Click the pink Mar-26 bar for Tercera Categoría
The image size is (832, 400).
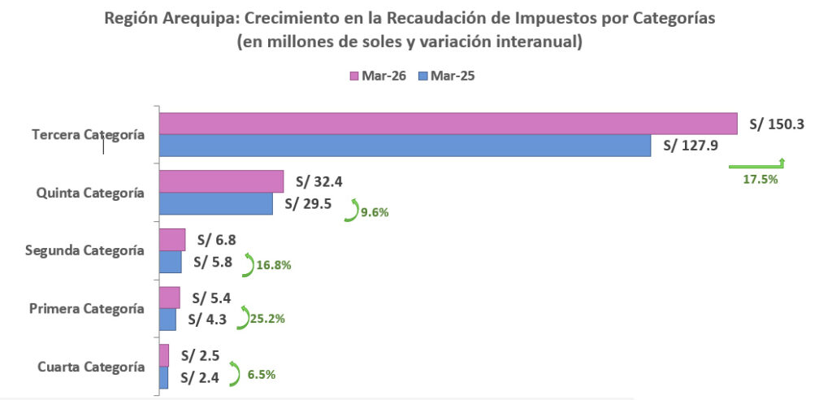(448, 124)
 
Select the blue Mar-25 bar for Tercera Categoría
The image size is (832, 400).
(405, 146)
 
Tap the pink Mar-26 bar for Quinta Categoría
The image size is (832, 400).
(222, 181)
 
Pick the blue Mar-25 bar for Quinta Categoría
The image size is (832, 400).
(216, 203)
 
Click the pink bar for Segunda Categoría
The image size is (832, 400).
(172, 240)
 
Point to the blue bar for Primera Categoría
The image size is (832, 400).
(167, 320)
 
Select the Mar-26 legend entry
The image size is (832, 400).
(378, 76)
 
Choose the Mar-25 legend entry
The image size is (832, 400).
(446, 76)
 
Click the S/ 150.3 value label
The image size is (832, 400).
(777, 124)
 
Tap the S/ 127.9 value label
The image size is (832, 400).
(691, 146)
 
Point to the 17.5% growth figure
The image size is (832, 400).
(760, 180)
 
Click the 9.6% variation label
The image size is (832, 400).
(375, 212)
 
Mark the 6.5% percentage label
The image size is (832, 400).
(262, 375)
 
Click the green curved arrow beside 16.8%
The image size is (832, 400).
(249, 264)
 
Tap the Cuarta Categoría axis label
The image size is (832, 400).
(91, 367)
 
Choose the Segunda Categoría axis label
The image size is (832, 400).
(84, 250)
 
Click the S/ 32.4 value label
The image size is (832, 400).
(318, 182)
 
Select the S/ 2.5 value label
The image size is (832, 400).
(200, 355)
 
